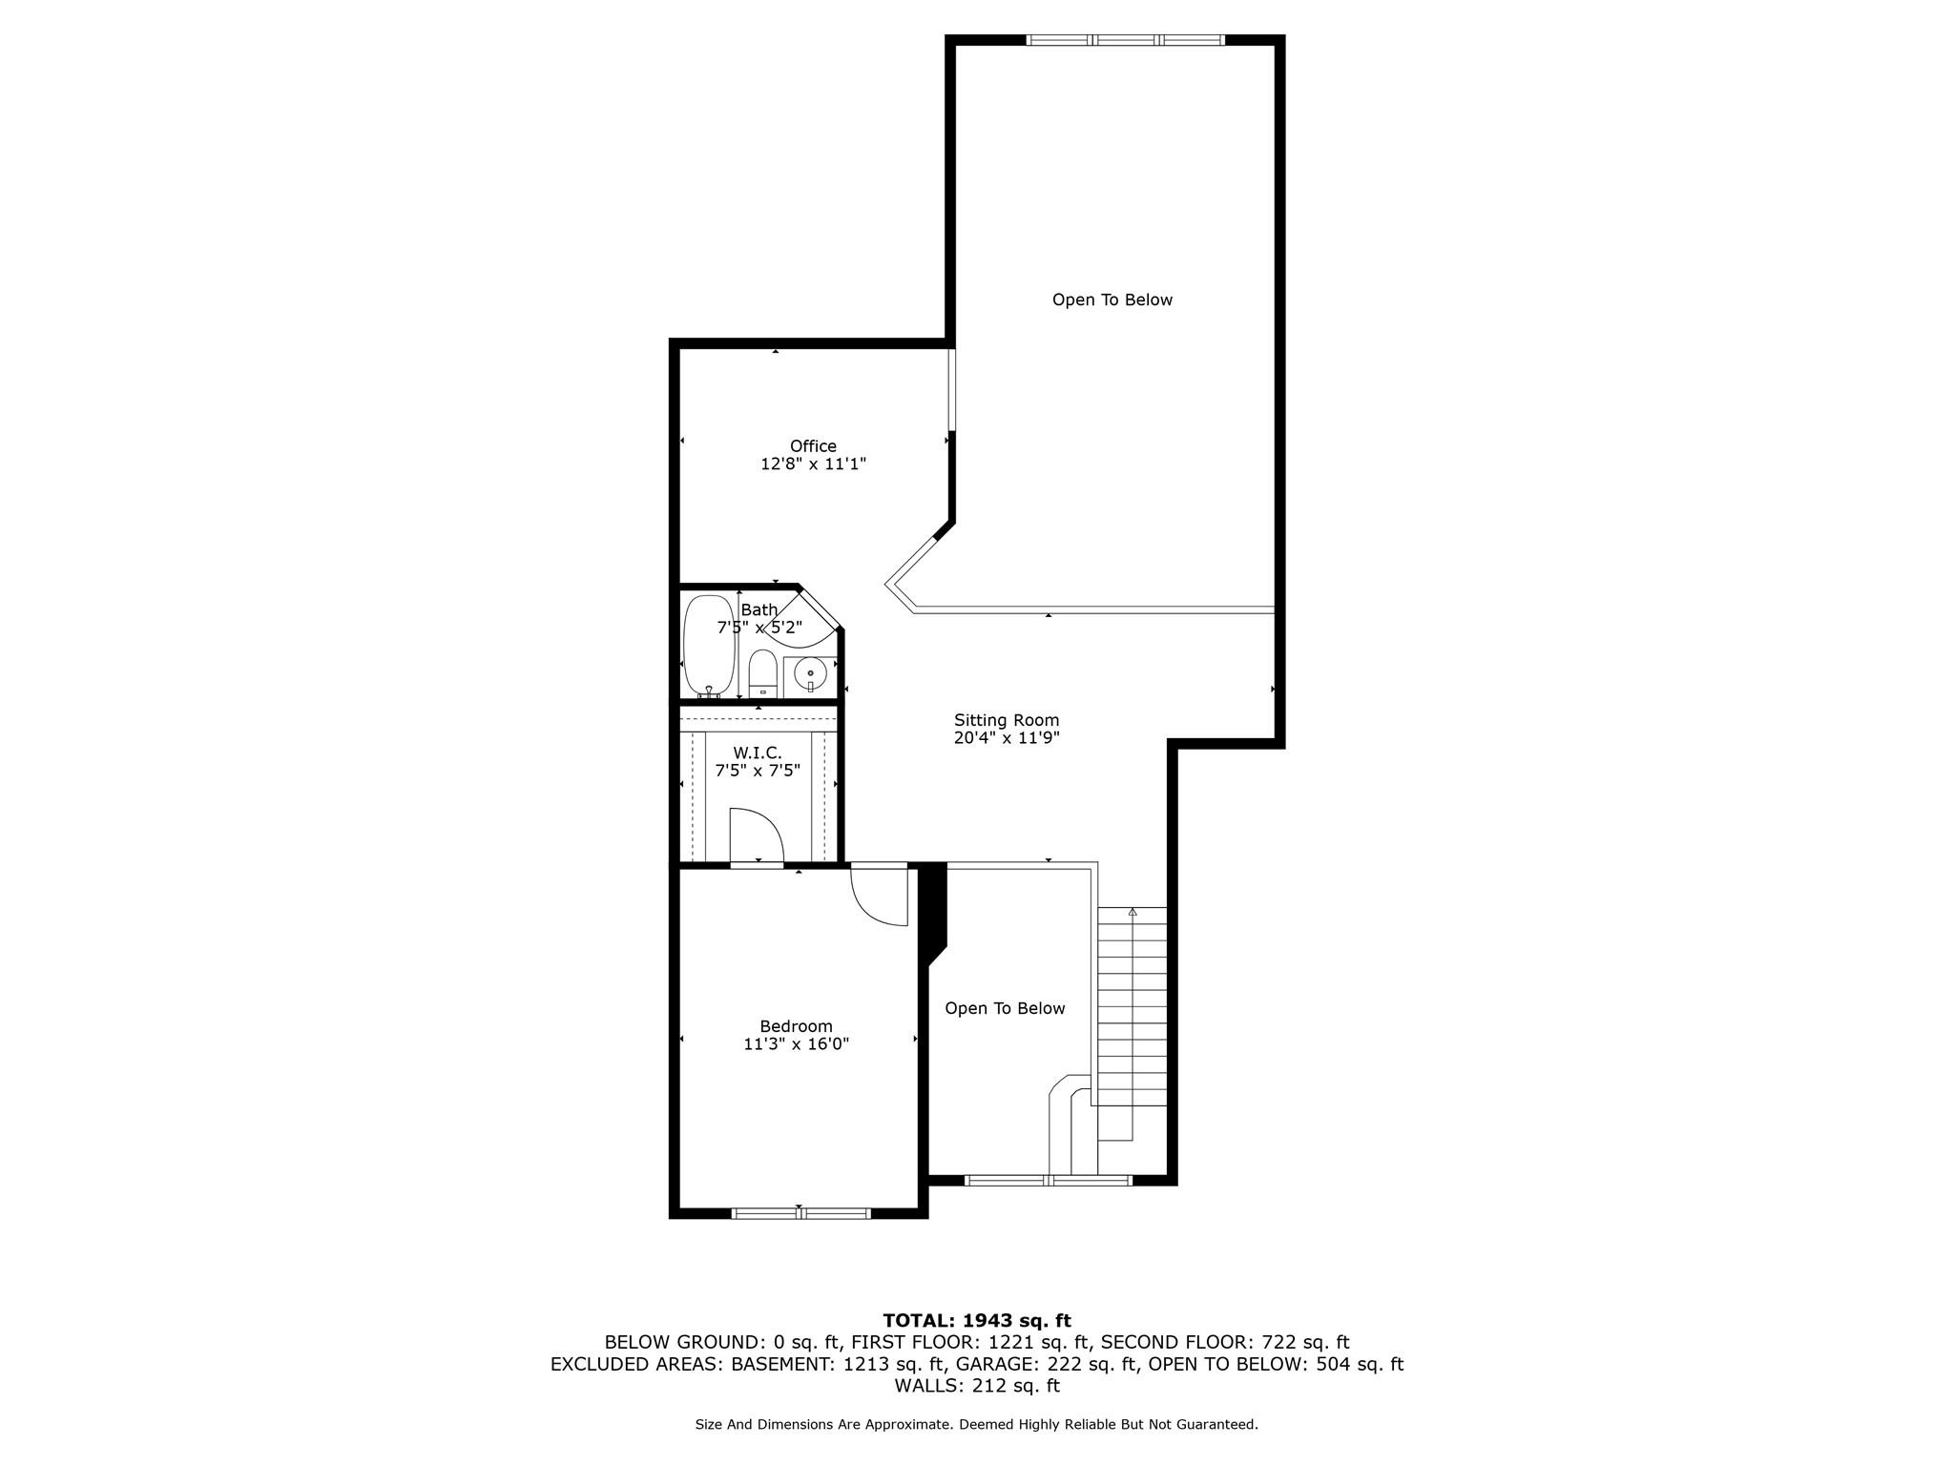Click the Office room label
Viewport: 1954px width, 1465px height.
pyautogui.click(x=813, y=445)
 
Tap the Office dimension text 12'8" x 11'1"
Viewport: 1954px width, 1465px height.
pyautogui.click(x=813, y=464)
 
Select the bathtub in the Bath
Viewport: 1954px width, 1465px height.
pyautogui.click(x=709, y=646)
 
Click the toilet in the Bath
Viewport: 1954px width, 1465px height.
pyautogui.click(x=762, y=672)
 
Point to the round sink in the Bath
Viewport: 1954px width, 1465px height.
pyautogui.click(x=810, y=673)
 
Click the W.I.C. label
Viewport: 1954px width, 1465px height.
pyautogui.click(x=758, y=753)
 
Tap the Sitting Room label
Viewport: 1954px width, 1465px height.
pyautogui.click(x=1007, y=720)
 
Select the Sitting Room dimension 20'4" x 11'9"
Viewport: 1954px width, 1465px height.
pyautogui.click(x=1007, y=738)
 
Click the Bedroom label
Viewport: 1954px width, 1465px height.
pyautogui.click(x=796, y=1026)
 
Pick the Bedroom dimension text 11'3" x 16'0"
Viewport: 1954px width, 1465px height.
pyautogui.click(x=796, y=1044)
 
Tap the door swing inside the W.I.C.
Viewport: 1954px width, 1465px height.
pyautogui.click(x=756, y=834)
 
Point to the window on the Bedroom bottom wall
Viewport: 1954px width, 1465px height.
pyautogui.click(x=800, y=1213)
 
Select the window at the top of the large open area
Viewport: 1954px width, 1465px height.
pyautogui.click(x=1125, y=40)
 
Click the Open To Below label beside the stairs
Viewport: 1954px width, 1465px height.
pyautogui.click(x=1005, y=1008)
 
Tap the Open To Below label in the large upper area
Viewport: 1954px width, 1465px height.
pyautogui.click(x=1112, y=299)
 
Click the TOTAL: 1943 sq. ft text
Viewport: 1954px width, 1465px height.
pyautogui.click(x=976, y=1321)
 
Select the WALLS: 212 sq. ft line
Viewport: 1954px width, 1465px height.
pyautogui.click(x=976, y=1386)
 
